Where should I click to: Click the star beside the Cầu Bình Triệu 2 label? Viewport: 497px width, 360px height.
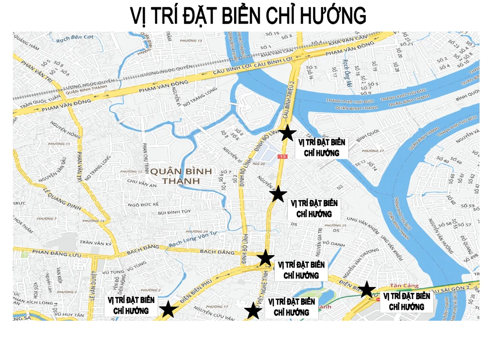(287, 133)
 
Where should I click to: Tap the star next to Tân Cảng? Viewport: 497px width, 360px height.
(367, 289)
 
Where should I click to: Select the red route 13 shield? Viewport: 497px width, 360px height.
(283, 156)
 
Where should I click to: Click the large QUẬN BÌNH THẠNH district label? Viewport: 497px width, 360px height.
(181, 176)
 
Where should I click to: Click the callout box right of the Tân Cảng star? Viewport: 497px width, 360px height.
(406, 301)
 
